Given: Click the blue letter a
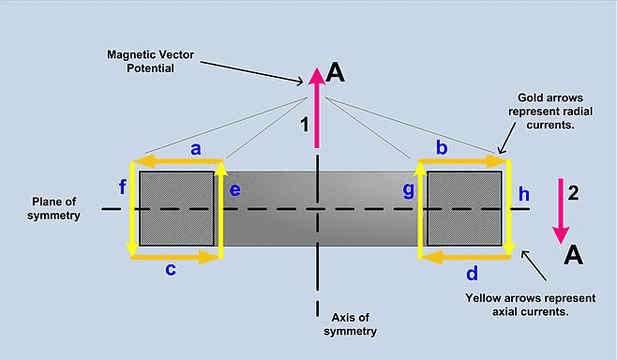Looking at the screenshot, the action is [196, 149].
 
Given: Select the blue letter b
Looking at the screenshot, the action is [442, 147].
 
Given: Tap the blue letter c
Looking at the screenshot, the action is [171, 269].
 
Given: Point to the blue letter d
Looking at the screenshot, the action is [473, 273].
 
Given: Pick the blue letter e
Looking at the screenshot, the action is [235, 190].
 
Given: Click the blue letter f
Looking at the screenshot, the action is [123, 187].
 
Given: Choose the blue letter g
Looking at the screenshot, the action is [409, 190].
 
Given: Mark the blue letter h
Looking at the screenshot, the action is [524, 194].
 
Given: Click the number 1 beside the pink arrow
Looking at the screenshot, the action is [304, 125].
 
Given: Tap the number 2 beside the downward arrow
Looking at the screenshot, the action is [573, 193].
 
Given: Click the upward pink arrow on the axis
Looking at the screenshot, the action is [317, 108].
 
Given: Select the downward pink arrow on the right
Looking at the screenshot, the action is [561, 211].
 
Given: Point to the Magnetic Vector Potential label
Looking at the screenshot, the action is [150, 61].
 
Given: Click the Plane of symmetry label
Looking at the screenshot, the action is [53, 208].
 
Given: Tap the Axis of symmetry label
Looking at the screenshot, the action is [350, 324].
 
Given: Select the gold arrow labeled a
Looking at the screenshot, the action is [178, 161].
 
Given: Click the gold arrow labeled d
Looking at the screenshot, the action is [465, 258].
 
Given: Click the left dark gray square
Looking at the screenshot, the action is [176, 208].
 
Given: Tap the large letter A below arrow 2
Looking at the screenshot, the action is [573, 256].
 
